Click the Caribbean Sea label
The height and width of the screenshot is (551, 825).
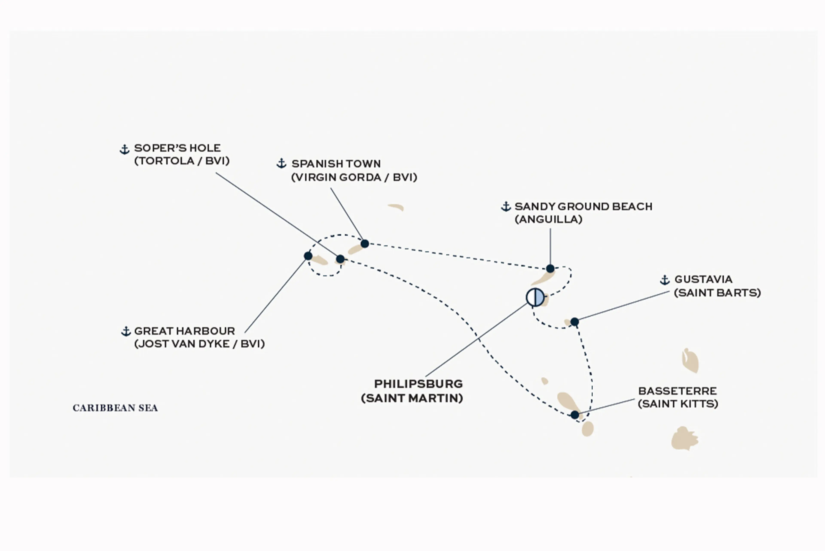115,408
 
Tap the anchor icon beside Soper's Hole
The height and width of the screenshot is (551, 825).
124,149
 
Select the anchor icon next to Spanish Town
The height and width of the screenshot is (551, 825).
281,163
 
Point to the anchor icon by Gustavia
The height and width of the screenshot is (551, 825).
664,280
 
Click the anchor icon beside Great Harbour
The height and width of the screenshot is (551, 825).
126,331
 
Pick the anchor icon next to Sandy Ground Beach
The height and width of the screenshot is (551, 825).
506,207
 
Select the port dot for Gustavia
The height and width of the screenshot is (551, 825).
574,321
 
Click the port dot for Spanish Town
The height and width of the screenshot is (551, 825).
365,244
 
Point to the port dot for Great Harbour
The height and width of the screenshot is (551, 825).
308,256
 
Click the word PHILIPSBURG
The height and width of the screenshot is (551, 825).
418,384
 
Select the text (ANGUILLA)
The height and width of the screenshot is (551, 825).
548,219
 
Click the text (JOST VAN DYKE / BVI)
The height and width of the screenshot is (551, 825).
199,344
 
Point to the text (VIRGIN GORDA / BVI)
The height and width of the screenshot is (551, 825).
354,177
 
